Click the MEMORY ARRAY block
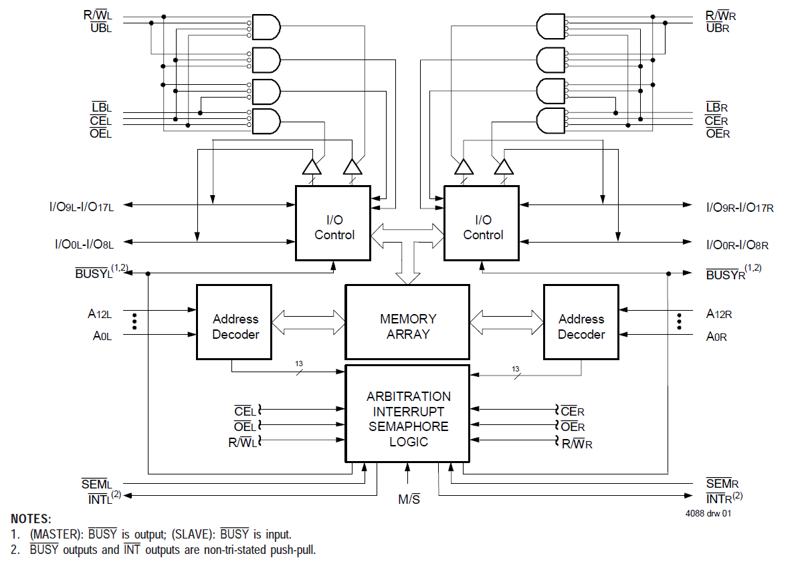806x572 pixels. click(x=407, y=322)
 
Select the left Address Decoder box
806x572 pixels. click(x=233, y=322)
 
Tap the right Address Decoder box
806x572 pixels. click(x=581, y=322)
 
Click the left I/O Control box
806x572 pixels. click(x=333, y=223)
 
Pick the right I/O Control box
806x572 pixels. click(x=482, y=223)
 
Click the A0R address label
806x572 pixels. click(x=716, y=337)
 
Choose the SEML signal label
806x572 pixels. click(x=97, y=483)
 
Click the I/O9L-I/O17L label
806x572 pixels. click(x=85, y=207)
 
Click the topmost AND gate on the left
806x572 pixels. click(x=266, y=27)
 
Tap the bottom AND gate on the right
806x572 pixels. click(x=550, y=121)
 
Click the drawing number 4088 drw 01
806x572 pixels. click(x=708, y=514)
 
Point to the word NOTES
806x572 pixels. click(x=31, y=519)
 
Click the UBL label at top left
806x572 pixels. click(x=101, y=27)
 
